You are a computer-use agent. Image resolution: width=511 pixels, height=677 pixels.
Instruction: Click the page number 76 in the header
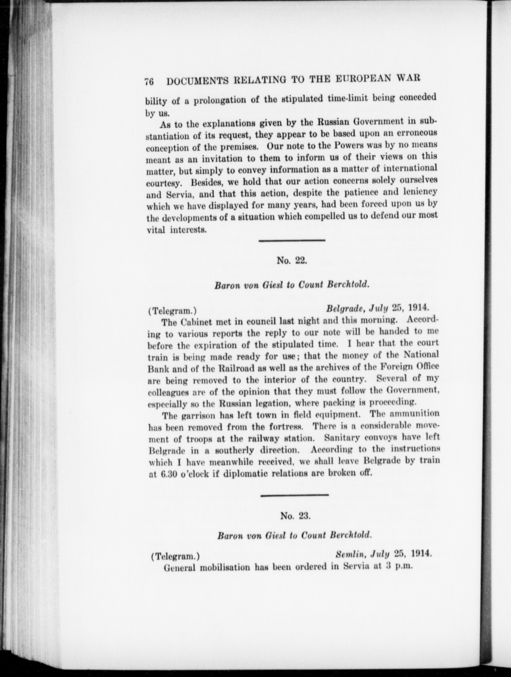pyautogui.click(x=150, y=82)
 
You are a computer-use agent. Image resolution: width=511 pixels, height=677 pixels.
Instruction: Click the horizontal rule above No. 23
pyautogui.click(x=295, y=495)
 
